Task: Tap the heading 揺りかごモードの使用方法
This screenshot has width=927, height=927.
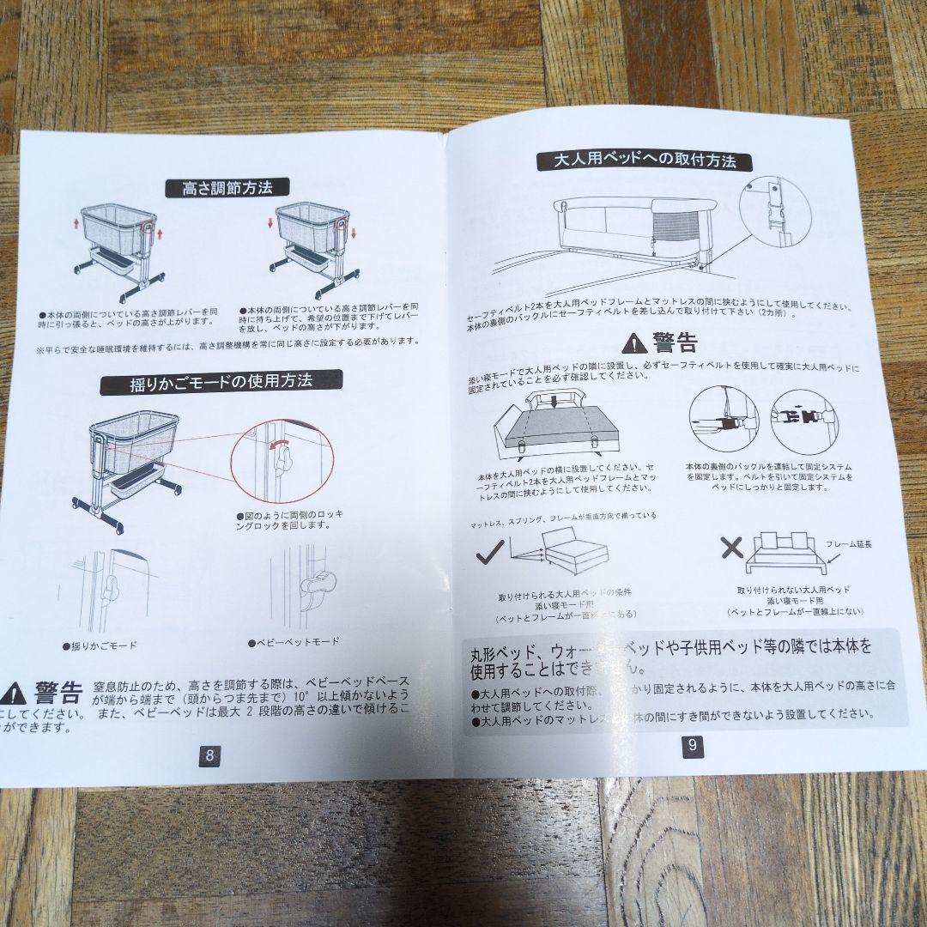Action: click(222, 382)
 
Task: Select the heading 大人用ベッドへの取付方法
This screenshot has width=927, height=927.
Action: click(645, 161)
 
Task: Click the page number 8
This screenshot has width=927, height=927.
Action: click(209, 756)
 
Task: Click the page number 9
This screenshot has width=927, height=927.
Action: click(693, 746)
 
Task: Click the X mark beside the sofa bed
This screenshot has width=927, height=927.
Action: click(731, 547)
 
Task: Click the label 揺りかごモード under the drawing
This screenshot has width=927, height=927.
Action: click(100, 645)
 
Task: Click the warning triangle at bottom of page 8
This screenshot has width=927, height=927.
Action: click(15, 693)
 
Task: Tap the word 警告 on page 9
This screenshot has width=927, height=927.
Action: click(675, 342)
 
